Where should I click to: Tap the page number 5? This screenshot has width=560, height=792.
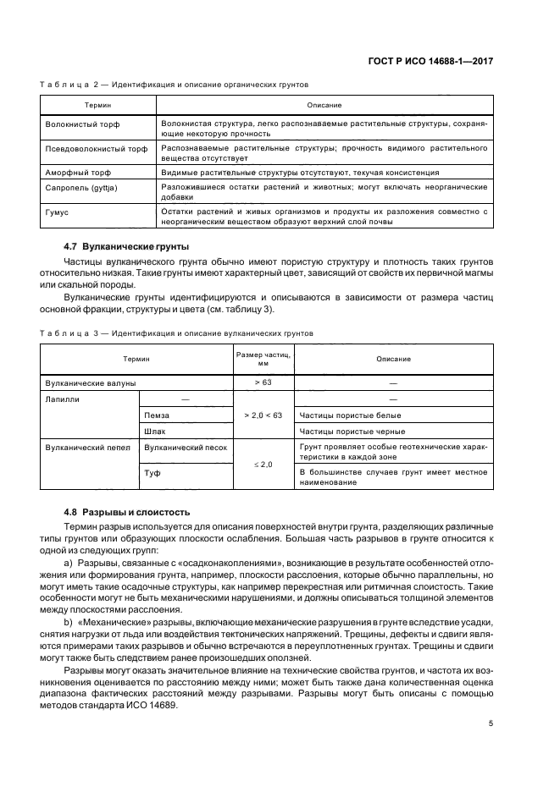(491, 723)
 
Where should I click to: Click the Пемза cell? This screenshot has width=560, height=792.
(157, 415)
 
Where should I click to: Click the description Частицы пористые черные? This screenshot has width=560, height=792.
(347, 432)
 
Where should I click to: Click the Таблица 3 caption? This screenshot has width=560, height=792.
(177, 333)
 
